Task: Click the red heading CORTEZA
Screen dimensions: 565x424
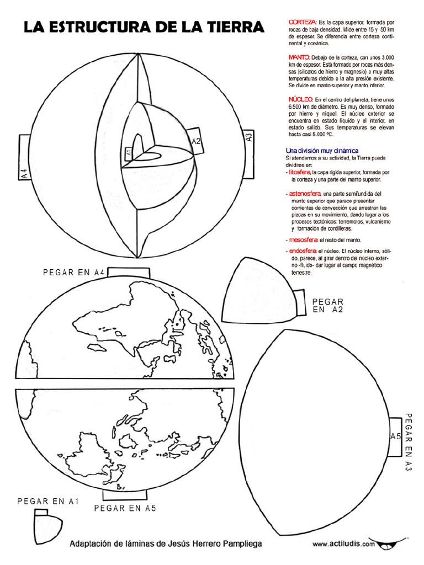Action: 302,21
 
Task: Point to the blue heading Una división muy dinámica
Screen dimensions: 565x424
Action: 322,151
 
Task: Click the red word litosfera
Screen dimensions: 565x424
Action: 299,172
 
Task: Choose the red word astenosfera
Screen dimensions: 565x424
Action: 304,194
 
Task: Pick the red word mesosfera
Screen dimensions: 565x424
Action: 303,240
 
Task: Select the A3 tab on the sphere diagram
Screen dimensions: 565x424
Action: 248,137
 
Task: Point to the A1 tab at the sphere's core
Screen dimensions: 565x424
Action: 128,152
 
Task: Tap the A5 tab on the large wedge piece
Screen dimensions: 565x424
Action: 396,436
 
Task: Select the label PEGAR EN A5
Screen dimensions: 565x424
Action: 125,508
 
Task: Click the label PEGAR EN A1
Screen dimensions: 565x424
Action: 49,501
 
